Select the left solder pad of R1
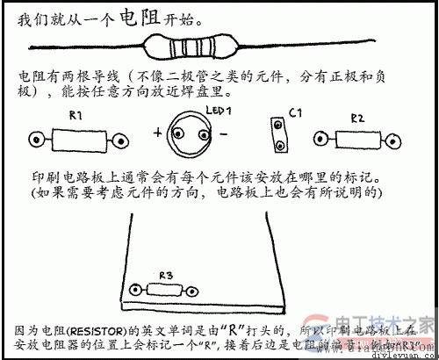coord(37,139)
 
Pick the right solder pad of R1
coord(119,139)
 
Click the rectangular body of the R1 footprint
coord(77,139)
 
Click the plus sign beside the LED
coord(159,133)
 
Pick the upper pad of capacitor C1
coord(279,127)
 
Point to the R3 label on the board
coord(167,274)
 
